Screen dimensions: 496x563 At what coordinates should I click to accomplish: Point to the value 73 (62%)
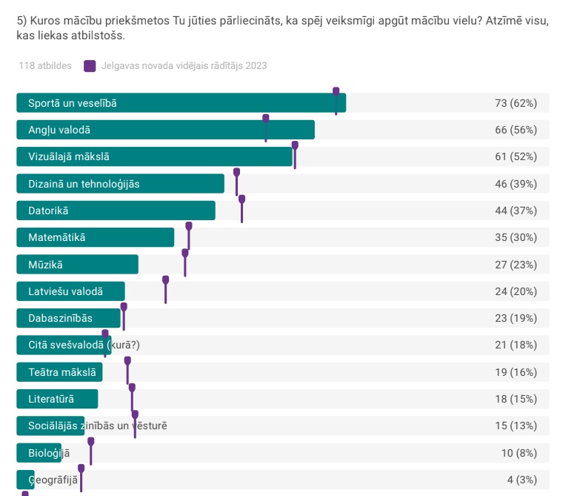point(516,103)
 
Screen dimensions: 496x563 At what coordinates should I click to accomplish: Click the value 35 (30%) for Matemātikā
point(516,237)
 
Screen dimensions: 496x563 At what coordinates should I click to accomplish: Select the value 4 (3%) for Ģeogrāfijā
point(522,480)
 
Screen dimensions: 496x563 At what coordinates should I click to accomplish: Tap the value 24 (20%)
point(516,291)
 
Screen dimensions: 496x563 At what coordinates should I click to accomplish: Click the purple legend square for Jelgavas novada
point(90,66)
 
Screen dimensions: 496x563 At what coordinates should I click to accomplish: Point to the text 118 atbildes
point(45,66)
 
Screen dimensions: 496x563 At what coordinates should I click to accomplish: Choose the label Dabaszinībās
point(60,318)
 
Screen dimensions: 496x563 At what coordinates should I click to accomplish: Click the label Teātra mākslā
point(62,372)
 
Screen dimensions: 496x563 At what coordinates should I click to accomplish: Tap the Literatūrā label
point(51,399)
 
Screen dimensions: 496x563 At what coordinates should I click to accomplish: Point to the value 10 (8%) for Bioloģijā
point(519,453)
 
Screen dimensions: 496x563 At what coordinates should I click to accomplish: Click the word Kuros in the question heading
point(44,21)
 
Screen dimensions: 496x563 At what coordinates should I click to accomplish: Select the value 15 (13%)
point(516,426)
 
